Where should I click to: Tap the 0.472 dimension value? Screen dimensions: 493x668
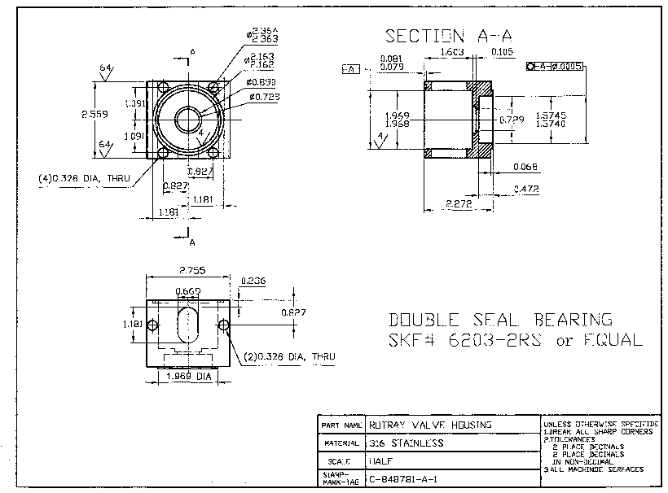525,189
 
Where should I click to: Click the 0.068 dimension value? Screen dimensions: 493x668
525,167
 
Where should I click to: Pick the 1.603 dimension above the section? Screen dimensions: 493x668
452,52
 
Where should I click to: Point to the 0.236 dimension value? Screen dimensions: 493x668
253,281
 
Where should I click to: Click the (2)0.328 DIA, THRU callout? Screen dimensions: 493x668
289,356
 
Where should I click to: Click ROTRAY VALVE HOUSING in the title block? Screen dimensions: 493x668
430,425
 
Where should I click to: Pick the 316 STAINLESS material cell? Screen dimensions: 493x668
406,443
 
